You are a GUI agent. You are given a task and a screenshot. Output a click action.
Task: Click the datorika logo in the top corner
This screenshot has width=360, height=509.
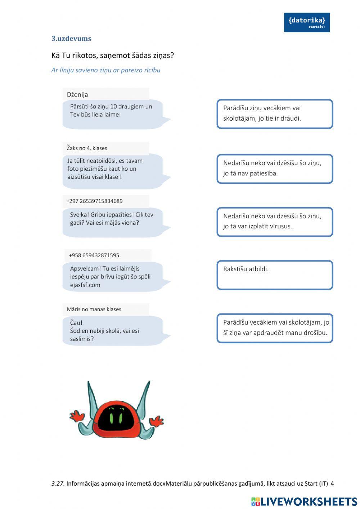tap(306, 22)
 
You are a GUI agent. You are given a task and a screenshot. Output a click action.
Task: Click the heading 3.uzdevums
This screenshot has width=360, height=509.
tap(71, 39)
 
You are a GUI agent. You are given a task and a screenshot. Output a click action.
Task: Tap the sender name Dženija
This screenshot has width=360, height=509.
tap(77, 94)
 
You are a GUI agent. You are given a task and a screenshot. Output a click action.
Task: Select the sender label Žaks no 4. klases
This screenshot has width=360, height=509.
tap(87, 148)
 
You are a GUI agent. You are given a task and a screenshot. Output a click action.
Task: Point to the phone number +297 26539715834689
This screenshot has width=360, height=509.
tap(94, 201)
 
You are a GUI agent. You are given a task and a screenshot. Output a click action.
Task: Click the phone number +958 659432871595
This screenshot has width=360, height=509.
tap(94, 255)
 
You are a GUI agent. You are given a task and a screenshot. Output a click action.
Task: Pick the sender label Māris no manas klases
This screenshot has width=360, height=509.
tap(94, 309)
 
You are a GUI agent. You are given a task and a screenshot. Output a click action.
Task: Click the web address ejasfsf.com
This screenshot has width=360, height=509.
tap(85, 285)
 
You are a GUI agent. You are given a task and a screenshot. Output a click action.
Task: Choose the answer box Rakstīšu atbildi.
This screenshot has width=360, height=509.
tap(274, 275)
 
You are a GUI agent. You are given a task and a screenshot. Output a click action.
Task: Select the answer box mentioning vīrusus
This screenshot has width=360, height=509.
tap(274, 222)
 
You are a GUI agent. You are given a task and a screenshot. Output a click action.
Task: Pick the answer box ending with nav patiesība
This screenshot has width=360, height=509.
tap(274, 169)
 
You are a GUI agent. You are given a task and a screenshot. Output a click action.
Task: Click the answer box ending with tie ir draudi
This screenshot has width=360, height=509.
tap(274, 114)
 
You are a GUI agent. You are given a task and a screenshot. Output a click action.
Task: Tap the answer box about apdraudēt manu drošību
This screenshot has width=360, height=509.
tap(274, 328)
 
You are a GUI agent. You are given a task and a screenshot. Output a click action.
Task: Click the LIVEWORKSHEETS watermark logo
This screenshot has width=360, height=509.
tap(304, 501)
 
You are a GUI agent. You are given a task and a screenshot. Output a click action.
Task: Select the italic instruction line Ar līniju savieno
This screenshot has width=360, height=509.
tap(106, 70)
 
